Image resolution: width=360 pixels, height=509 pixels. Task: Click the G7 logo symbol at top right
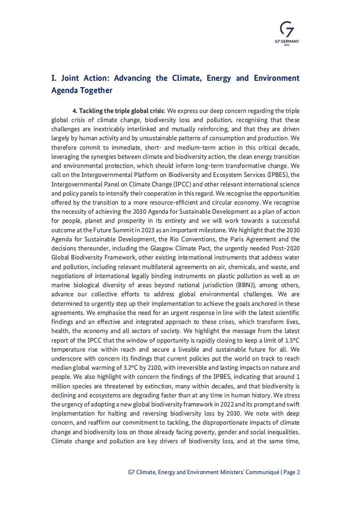point(287,30)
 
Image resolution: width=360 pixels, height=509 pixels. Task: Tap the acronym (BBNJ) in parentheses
point(244,284)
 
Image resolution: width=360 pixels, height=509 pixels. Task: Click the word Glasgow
point(152,248)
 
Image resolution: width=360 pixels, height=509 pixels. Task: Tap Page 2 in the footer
point(292,472)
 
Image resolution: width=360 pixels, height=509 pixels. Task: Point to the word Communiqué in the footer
point(262,472)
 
